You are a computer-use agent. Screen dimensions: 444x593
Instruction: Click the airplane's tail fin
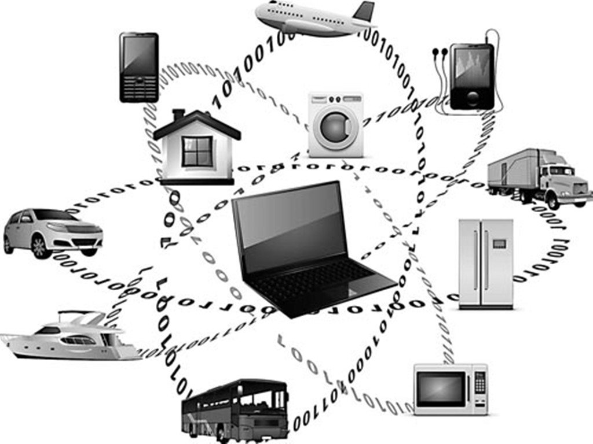coord(364,11)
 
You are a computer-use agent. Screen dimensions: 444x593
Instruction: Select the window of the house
coord(197,151)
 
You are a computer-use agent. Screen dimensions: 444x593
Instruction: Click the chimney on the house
coord(178,114)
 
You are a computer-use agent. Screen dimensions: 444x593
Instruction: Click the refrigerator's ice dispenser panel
coord(499,245)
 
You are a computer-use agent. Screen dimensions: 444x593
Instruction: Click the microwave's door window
coord(442,388)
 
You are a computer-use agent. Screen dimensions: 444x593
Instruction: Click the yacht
coord(69,338)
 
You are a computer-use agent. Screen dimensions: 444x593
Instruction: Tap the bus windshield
coord(279,399)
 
